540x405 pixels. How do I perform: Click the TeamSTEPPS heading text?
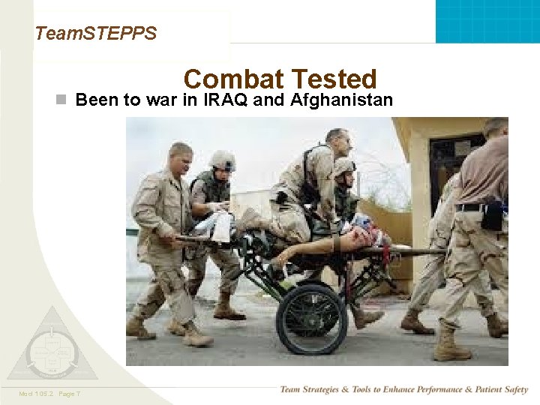point(96,33)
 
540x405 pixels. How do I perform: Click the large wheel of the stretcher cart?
point(311,318)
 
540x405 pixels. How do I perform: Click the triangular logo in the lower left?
point(52,347)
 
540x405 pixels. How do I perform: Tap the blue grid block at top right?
point(487,20)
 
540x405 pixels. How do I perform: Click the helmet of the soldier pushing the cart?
point(223,160)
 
